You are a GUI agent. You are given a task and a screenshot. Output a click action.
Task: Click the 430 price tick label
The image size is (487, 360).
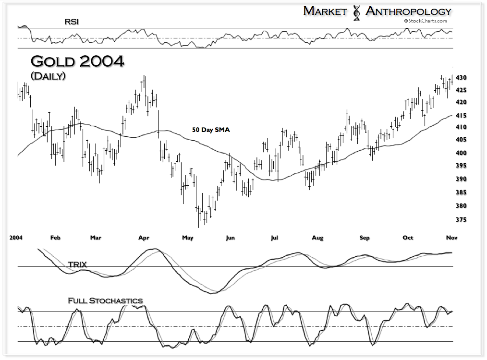pos(461,78)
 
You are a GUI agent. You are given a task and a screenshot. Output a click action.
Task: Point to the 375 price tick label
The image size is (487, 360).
pos(461,219)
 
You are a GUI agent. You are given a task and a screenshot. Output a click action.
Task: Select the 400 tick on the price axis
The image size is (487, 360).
pos(461,153)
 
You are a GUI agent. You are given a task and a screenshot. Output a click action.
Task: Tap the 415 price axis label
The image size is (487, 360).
pos(461,116)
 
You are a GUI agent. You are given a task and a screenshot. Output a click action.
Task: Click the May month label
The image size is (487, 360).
pos(187,238)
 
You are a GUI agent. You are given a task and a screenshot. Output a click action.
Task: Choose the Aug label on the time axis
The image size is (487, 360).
pos(317,238)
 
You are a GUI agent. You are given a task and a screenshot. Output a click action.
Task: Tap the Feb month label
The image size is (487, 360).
pos(56,238)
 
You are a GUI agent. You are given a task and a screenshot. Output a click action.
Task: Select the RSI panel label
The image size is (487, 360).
pos(73,22)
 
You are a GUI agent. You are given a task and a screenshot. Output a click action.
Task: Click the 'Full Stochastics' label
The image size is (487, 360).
pos(105,301)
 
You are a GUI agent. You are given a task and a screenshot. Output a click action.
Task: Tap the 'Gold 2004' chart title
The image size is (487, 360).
pos(77,62)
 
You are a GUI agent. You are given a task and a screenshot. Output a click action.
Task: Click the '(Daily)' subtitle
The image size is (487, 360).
pos(48,76)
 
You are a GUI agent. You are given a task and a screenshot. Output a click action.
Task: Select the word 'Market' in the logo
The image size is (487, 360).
pos(325,11)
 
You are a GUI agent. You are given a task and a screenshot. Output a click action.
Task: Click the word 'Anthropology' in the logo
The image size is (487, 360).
pos(409,11)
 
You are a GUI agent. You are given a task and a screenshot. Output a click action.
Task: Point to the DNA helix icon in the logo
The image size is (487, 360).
pos(356,12)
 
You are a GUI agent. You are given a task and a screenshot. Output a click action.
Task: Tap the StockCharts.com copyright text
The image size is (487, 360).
pos(426,21)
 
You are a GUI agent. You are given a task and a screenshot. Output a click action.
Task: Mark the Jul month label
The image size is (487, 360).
pos(275,238)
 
